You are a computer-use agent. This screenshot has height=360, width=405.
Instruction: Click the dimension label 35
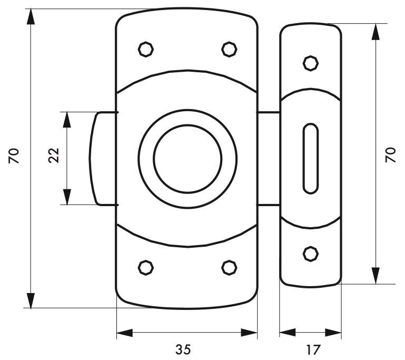click(x=183, y=349)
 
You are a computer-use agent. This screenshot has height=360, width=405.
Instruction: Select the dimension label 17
click(x=313, y=349)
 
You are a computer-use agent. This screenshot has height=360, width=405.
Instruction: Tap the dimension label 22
click(x=54, y=155)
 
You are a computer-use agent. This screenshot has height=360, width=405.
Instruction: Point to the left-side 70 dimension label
click(x=14, y=155)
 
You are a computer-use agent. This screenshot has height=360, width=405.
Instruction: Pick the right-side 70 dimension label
click(x=391, y=155)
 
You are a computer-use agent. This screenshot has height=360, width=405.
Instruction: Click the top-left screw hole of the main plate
click(x=146, y=49)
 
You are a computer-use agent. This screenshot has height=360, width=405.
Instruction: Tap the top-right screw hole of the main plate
click(x=229, y=49)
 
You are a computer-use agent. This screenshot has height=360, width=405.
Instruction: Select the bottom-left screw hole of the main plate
click(x=146, y=267)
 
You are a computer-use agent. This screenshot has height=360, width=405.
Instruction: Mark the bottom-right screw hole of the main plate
click(x=229, y=267)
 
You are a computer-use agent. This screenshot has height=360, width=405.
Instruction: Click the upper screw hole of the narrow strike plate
click(x=311, y=63)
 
